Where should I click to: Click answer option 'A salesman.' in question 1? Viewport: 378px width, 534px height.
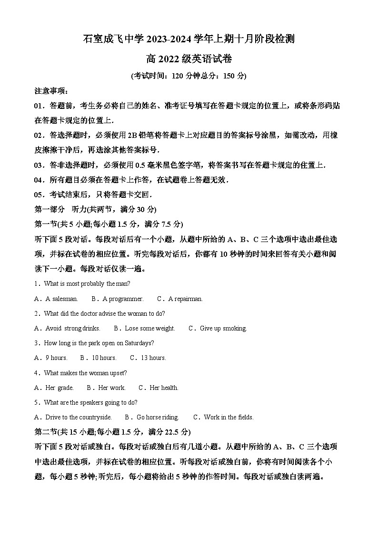tap(61, 299)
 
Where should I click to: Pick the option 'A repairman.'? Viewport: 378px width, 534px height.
tap(185, 299)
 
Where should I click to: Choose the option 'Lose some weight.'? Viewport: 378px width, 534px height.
tap(150, 329)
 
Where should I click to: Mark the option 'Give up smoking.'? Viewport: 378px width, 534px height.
tap(223, 329)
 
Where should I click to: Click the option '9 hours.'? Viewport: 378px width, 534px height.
tap(56, 358)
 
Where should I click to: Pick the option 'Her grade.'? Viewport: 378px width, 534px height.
tap(59, 388)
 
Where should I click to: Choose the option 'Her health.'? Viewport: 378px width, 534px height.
tap(164, 388)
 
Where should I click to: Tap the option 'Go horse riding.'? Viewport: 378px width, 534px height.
tap(157, 417)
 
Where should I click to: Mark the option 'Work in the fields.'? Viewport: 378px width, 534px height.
tap(229, 417)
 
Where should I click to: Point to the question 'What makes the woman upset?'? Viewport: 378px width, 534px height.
tap(85, 373)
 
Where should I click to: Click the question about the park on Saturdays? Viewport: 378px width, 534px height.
tap(99, 343)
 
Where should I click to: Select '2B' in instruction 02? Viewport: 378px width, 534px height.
tap(133, 136)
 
